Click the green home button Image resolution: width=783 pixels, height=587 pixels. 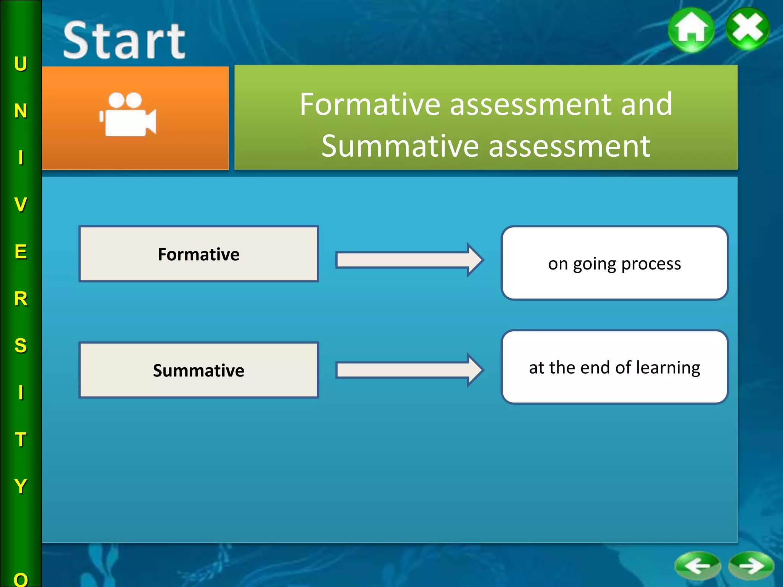[691, 30]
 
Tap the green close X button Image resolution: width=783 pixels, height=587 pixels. [748, 29]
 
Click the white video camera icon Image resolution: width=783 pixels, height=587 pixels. [128, 115]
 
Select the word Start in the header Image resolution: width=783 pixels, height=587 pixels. [124, 41]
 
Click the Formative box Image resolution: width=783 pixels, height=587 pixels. [199, 254]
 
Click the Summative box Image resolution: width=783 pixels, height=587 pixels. [199, 370]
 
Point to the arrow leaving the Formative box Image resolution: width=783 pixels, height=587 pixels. [409, 260]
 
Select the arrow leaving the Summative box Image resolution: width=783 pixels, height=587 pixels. [409, 370]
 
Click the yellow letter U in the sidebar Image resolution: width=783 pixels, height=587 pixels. [21, 64]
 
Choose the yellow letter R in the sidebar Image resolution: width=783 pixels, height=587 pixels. [21, 299]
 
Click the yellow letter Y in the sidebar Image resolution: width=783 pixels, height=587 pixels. [21, 486]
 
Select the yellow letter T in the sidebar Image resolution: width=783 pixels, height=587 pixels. [21, 439]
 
